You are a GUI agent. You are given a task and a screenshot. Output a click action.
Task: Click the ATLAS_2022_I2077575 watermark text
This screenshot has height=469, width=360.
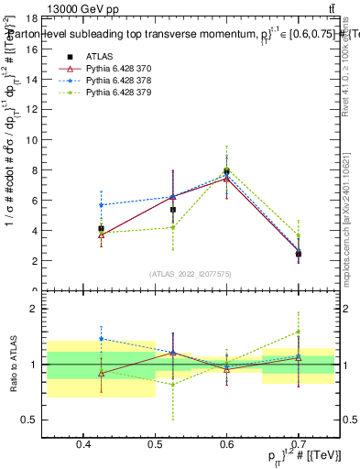point(191,273)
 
